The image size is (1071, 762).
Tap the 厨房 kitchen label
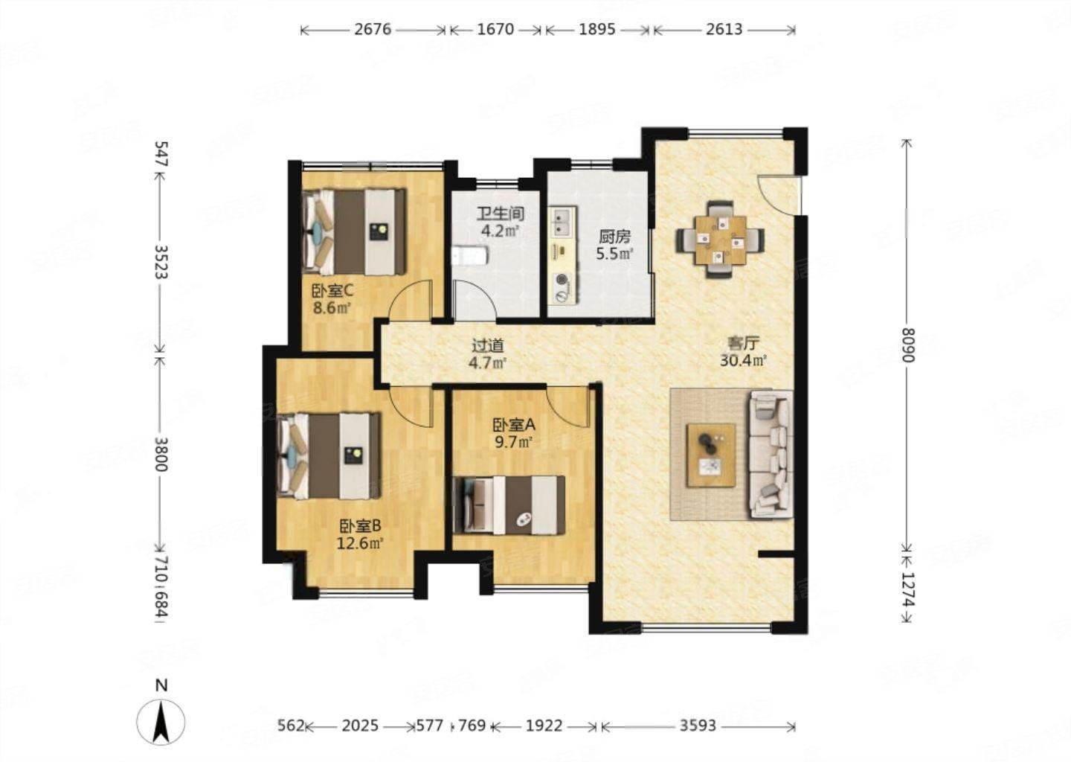point(614,237)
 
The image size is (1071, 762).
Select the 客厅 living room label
point(744,343)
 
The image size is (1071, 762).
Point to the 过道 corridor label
point(488,345)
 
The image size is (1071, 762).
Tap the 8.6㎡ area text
point(332,307)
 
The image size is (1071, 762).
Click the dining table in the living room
point(720,240)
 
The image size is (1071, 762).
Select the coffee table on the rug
point(711,455)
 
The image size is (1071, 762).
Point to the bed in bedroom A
point(509,505)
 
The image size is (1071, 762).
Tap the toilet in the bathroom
point(469,256)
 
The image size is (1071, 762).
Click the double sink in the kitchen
point(563,222)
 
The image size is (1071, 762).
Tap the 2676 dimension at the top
point(373,30)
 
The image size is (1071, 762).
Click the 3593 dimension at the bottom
point(698,726)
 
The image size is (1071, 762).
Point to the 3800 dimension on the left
point(161,455)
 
